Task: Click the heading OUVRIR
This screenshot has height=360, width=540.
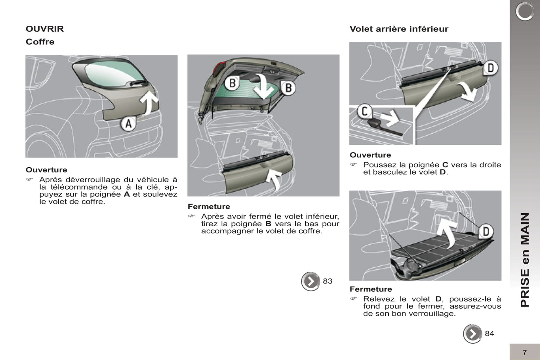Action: [x=44, y=29]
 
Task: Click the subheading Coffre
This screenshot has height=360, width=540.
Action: [x=40, y=42]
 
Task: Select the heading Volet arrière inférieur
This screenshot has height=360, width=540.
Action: [x=399, y=29]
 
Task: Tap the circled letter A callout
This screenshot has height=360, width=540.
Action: [x=128, y=124]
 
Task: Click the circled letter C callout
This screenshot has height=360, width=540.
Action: [x=364, y=111]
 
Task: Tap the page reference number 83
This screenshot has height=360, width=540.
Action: [x=327, y=281]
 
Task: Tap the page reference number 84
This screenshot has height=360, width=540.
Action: [x=489, y=333]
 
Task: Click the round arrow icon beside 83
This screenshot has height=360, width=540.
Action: [x=311, y=282]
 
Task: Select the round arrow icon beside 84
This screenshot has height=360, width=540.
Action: [x=472, y=333]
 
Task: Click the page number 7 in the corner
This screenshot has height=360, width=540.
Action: [x=524, y=353]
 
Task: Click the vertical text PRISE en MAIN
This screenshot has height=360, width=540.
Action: [x=525, y=260]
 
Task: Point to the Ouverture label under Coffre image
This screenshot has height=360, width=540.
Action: [x=46, y=170]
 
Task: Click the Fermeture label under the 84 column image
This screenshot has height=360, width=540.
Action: [x=371, y=289]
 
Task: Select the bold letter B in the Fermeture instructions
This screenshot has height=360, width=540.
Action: [x=268, y=224]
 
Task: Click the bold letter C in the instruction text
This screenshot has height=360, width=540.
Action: [x=445, y=165]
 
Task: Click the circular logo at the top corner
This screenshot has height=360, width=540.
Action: [x=525, y=12]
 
